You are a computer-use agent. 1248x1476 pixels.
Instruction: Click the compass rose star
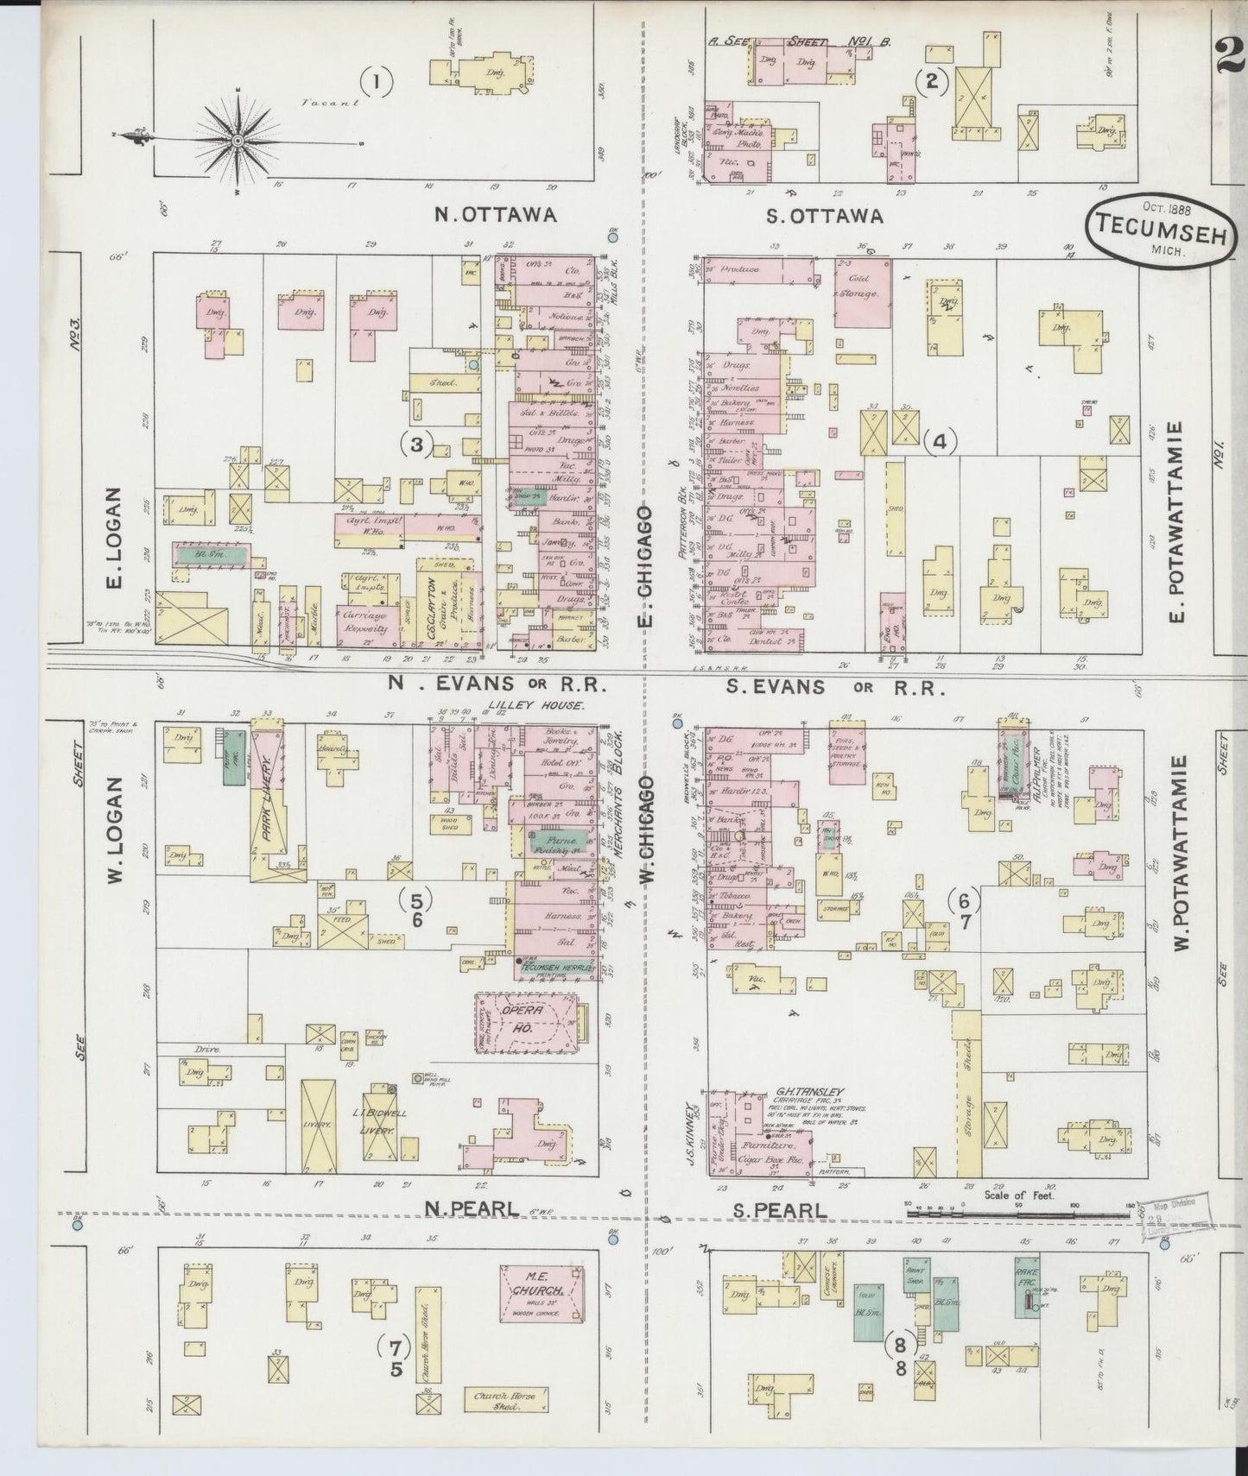tap(237, 139)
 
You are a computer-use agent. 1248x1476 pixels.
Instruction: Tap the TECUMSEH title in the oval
tap(1159, 230)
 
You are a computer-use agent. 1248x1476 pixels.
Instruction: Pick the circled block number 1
tap(377, 83)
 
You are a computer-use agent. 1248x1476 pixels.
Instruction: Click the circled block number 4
tap(940, 442)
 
